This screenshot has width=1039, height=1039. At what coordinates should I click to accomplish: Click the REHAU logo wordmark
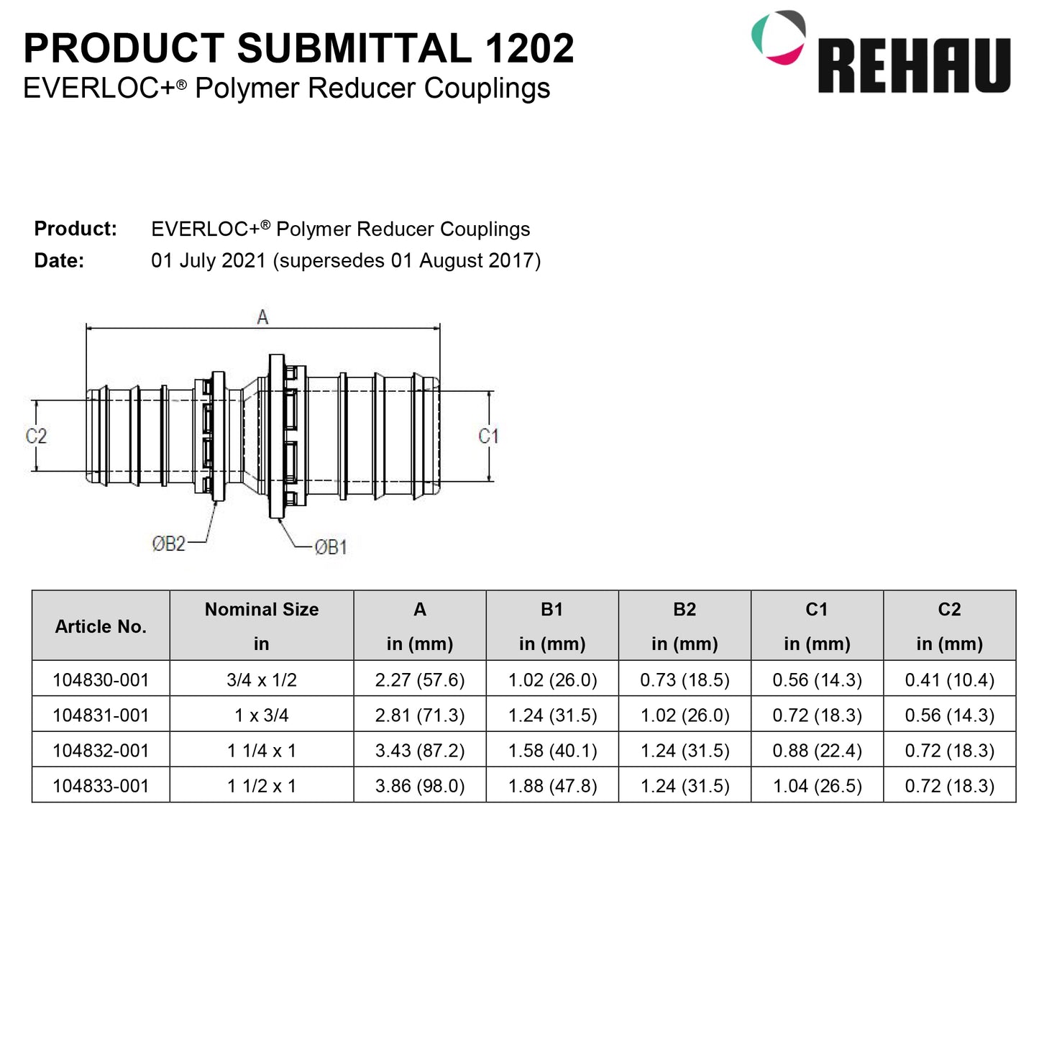coord(914,65)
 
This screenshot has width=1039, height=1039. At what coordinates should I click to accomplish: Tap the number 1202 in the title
coord(529,49)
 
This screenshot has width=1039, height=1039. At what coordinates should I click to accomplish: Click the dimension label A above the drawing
coord(262,317)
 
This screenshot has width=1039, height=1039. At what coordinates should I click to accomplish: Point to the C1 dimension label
coord(488,436)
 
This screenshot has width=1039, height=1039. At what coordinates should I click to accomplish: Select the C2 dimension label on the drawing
coord(36,436)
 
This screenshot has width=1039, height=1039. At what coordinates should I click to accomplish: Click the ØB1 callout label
coord(331,547)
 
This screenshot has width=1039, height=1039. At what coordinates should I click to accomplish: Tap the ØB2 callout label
coord(168,544)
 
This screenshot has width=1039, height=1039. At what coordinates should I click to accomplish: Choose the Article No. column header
coord(101,626)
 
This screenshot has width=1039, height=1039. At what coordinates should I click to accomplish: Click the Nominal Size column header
coord(262,610)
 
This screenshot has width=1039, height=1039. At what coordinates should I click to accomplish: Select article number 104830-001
coord(101,679)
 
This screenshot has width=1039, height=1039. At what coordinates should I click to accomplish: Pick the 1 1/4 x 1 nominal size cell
coord(262,751)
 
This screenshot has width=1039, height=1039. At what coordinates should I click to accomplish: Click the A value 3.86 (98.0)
coord(420,786)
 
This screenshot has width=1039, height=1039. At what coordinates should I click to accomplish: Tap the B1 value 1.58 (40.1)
coord(552,751)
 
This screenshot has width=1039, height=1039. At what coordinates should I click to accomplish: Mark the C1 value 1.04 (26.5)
coord(817,786)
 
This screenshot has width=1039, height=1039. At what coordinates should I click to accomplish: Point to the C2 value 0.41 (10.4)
coord(949,679)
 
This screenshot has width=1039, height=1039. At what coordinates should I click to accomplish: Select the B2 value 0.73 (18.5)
coord(685,679)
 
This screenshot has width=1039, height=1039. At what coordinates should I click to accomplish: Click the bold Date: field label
coord(59,260)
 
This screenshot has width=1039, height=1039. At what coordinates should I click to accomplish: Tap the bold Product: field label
coord(75,229)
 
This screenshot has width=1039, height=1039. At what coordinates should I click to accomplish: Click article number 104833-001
coord(101,786)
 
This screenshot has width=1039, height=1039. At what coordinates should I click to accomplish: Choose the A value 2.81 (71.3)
coord(420,715)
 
